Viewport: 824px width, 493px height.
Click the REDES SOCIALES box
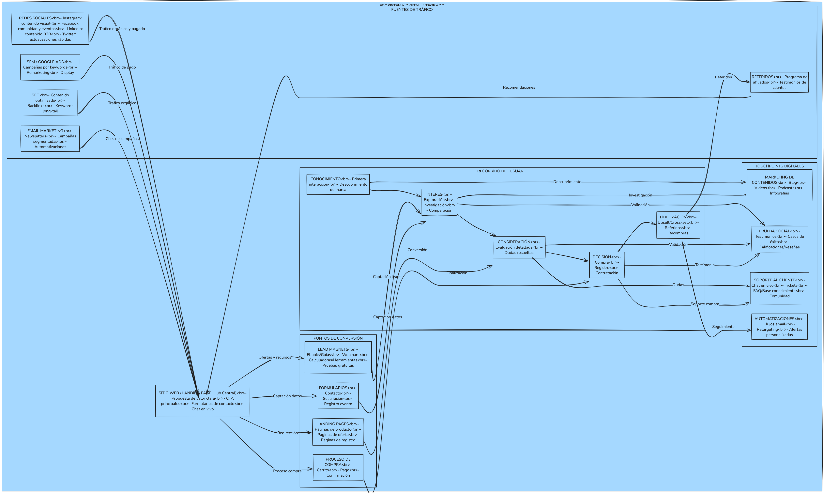(50, 29)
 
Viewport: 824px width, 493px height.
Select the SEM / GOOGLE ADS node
(50, 67)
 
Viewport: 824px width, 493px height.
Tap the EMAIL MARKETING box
(50, 139)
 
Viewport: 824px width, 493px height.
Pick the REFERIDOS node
(779, 82)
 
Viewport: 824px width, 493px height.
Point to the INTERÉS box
(439, 202)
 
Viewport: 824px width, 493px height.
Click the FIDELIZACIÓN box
(678, 225)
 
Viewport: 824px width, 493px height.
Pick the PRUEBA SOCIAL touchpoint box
(779, 239)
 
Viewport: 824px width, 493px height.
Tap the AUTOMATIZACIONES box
(779, 327)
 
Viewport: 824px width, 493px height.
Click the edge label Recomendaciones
(519, 87)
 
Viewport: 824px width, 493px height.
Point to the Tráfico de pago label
(122, 67)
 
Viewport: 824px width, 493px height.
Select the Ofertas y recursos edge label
(275, 357)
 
